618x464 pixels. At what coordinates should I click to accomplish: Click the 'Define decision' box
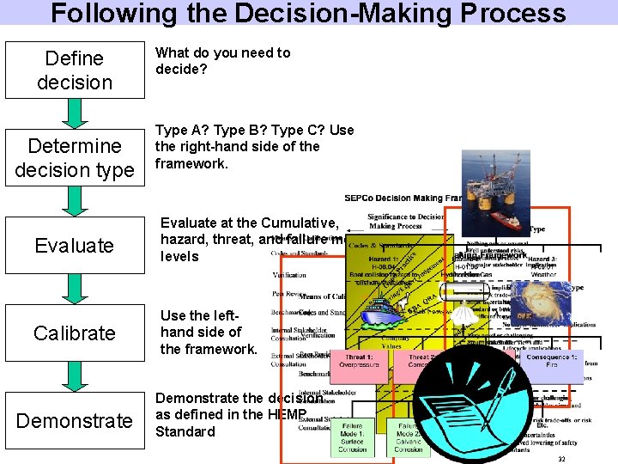pos(75,70)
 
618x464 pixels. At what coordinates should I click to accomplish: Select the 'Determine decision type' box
pos(75,158)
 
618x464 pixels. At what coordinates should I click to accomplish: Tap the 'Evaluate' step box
pos(75,246)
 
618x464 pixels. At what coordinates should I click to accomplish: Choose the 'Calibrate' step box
pos(75,333)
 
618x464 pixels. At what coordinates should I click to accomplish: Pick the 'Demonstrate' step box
pos(75,420)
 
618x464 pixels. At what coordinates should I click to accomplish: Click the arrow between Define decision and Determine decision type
pos(75,113)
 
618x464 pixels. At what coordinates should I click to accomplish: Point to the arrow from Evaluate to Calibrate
pos(75,290)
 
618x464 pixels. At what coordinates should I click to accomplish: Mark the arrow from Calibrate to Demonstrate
pos(75,376)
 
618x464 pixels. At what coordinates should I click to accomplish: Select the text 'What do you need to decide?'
pos(222,60)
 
